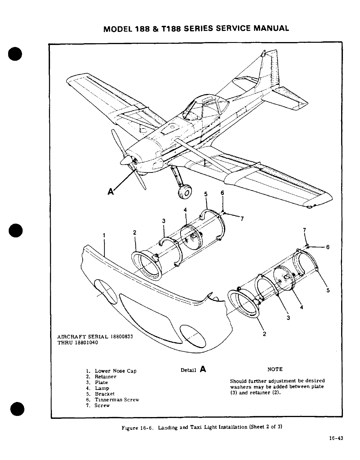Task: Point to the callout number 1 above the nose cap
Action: [x=104, y=235]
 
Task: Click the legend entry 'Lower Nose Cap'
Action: [x=115, y=371]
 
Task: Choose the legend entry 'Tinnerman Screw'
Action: [x=117, y=400]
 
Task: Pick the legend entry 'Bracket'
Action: [x=105, y=394]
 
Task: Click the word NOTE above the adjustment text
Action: [x=275, y=369]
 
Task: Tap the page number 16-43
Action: [x=336, y=438]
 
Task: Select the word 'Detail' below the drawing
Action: [x=188, y=370]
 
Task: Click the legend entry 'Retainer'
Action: [x=105, y=377]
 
